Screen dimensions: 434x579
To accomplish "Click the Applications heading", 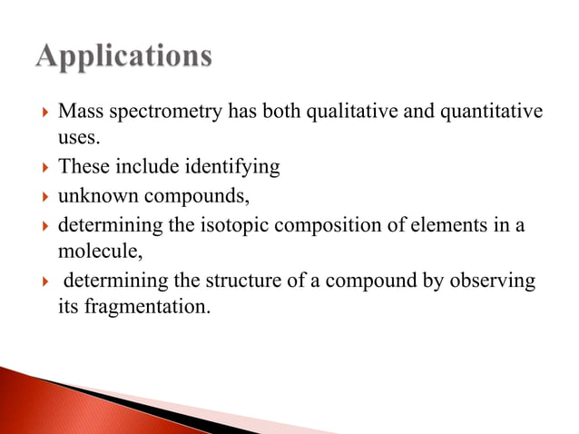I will (x=124, y=57).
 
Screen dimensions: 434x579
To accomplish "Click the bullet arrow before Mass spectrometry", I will (x=35, y=112).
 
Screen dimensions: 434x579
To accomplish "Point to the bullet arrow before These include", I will (x=35, y=168).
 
